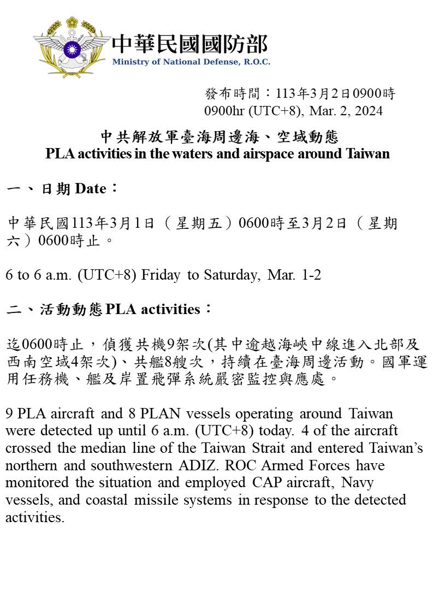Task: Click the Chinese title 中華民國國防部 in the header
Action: [x=189, y=44]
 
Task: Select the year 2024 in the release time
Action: [x=369, y=111]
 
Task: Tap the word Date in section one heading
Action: [x=90, y=189]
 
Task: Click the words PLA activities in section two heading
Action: [x=153, y=310]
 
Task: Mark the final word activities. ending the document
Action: [x=35, y=517]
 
